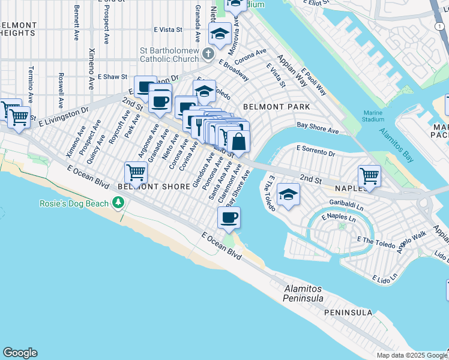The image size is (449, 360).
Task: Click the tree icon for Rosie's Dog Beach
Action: pos(119,202)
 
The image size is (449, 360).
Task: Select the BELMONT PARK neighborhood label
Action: pos(276,107)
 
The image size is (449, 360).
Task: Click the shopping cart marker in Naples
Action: pos(369,176)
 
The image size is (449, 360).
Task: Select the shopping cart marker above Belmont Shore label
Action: pos(136,172)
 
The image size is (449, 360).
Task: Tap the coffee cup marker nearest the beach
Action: pos(229,217)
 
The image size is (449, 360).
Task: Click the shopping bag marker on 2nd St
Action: pos(238,142)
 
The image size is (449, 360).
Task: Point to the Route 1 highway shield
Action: pos(439,26)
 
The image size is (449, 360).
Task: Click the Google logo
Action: pos(20,353)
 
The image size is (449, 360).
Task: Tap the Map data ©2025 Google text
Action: pos(411,355)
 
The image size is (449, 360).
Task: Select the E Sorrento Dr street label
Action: pos(316,150)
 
